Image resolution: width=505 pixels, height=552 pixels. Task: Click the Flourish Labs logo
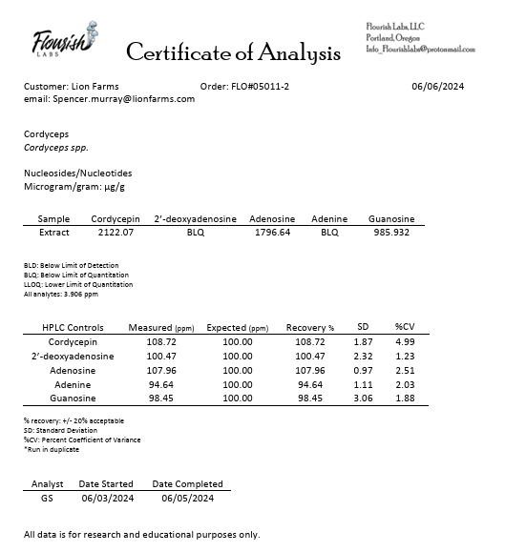(x=63, y=44)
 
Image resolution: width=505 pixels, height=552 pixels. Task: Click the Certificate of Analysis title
(x=233, y=51)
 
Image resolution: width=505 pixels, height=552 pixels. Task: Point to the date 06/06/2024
(x=437, y=87)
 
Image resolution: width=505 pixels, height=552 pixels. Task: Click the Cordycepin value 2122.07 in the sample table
(x=113, y=232)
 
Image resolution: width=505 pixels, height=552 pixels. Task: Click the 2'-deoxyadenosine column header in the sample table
(x=195, y=218)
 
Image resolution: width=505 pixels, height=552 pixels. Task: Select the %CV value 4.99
(x=406, y=341)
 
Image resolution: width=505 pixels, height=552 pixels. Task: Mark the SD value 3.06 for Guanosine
(x=363, y=399)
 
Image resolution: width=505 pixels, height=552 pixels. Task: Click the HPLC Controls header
(x=73, y=327)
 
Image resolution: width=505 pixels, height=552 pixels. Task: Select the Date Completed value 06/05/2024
(x=187, y=498)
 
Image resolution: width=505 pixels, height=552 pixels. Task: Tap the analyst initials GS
(x=47, y=498)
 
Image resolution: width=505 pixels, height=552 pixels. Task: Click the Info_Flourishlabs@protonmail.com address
(x=420, y=49)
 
